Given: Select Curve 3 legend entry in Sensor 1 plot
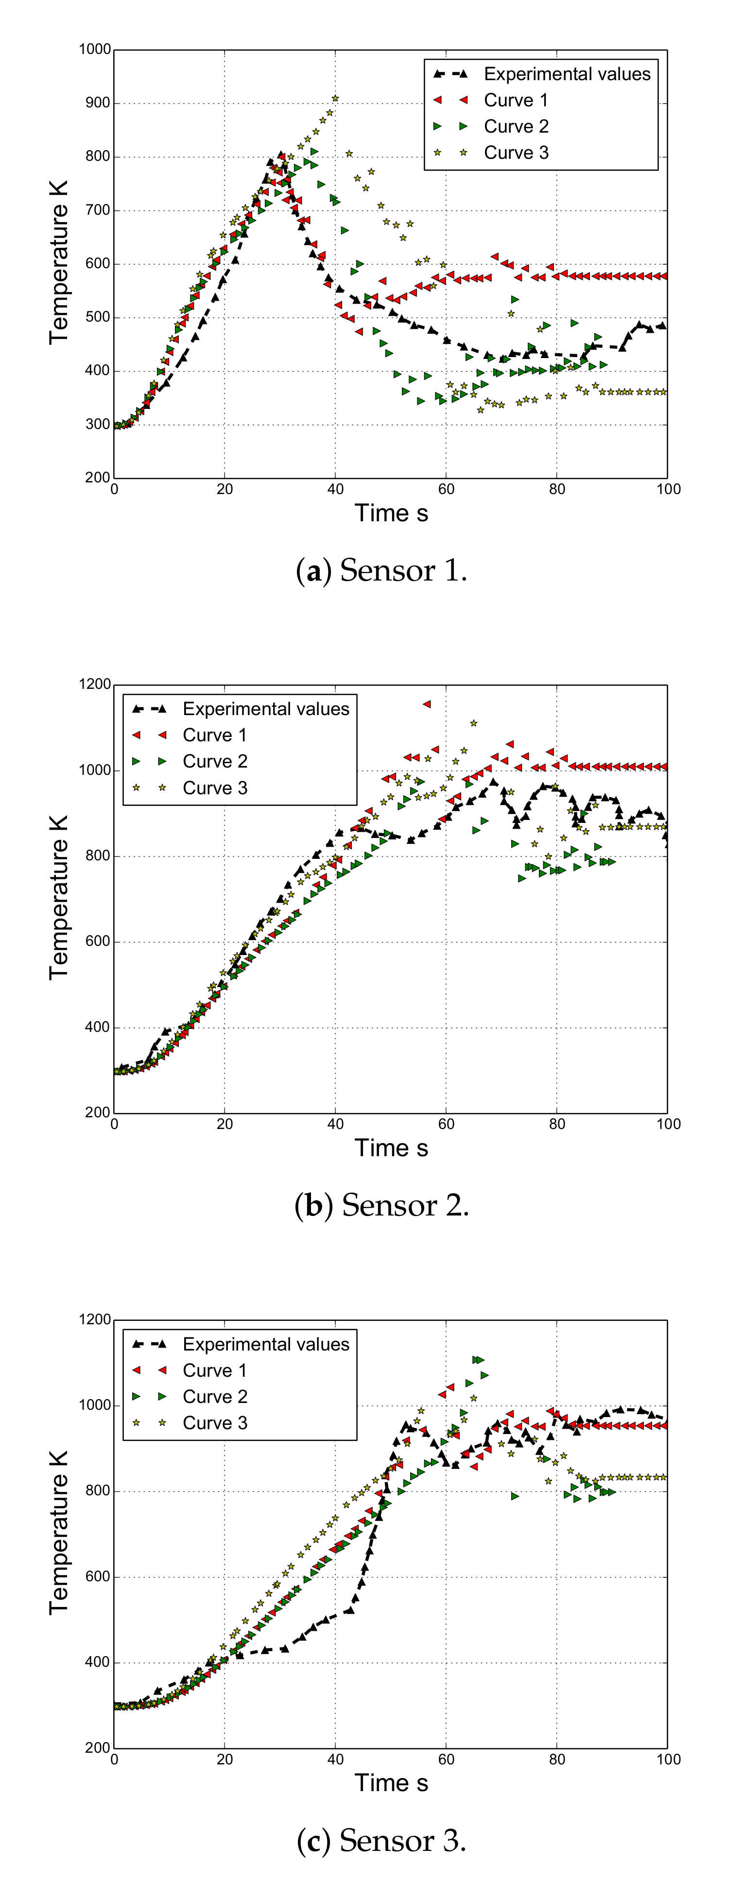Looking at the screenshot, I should point(515,153).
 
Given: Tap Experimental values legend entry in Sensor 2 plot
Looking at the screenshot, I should point(265,709).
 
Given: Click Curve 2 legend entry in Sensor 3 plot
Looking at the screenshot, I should point(214,1397).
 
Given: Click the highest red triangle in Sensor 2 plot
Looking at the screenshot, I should point(427,704).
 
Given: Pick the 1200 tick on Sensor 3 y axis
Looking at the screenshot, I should point(95,1319).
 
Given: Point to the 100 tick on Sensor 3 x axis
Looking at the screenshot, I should point(668,1760).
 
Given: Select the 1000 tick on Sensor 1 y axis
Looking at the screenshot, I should point(95,50).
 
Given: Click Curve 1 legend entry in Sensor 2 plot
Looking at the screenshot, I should point(214,735).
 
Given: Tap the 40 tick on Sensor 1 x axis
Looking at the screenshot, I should point(335,489).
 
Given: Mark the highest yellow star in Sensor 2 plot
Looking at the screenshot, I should point(473,723).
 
